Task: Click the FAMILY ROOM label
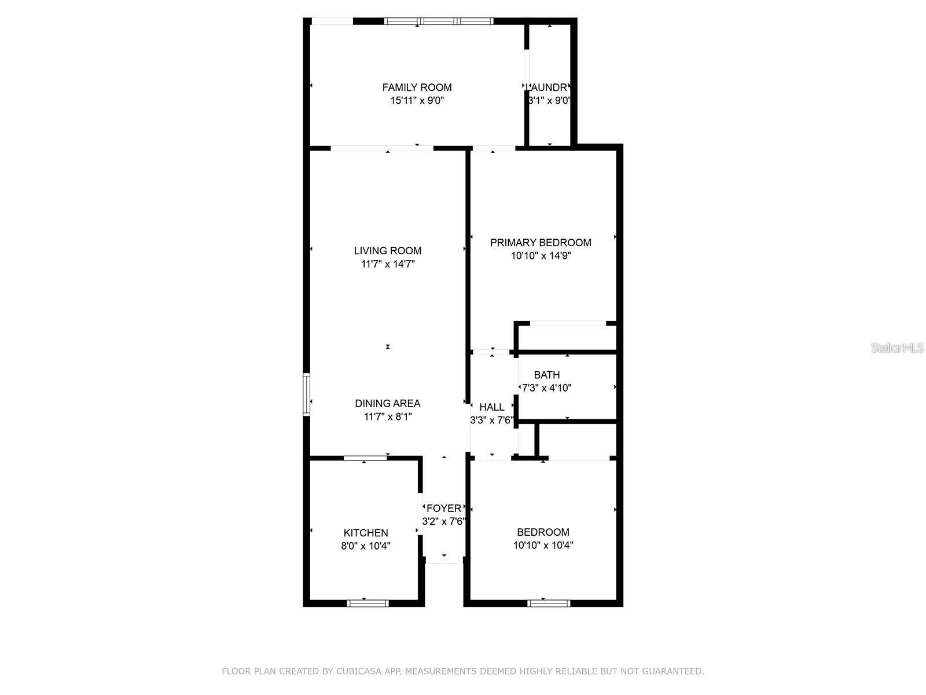click(x=417, y=87)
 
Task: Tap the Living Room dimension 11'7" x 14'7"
click(x=388, y=264)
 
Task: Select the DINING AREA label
click(x=388, y=404)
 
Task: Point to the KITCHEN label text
click(x=366, y=533)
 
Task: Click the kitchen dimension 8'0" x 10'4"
click(x=366, y=546)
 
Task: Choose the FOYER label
click(x=444, y=509)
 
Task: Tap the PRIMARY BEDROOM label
click(x=541, y=243)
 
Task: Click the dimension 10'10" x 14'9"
click(x=541, y=256)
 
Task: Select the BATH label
click(x=547, y=375)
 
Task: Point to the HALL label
click(x=492, y=407)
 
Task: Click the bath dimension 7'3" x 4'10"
click(x=547, y=388)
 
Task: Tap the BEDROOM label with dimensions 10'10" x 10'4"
click(x=543, y=532)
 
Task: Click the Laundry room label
click(x=548, y=87)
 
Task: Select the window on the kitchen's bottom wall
click(x=368, y=603)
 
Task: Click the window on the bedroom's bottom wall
click(x=549, y=603)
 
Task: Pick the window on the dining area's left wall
click(x=307, y=394)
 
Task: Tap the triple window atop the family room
click(x=439, y=21)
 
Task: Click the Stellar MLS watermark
click(x=897, y=348)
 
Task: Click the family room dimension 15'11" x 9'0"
click(x=417, y=101)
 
